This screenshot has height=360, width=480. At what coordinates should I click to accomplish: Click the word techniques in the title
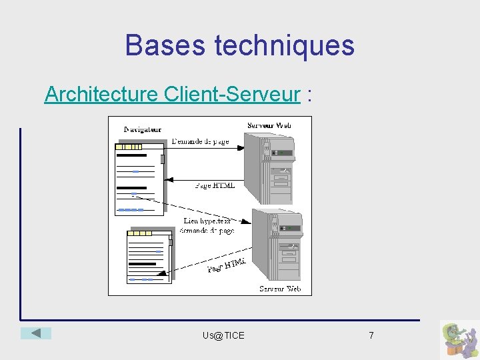[285, 45]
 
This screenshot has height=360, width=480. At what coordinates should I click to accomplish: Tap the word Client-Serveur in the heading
[231, 94]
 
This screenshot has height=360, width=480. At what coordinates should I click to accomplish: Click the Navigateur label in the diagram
[143, 129]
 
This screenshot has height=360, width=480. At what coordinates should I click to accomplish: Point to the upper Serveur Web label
[269, 125]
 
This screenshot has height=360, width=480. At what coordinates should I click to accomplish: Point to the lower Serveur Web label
[280, 289]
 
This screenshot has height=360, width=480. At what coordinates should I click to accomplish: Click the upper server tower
[268, 167]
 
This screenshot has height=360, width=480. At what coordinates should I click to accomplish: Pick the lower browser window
[150, 257]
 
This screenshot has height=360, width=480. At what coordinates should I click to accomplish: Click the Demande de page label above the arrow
[200, 141]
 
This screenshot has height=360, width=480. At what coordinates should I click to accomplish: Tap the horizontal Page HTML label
[215, 185]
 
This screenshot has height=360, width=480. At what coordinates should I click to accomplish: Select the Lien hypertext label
[207, 221]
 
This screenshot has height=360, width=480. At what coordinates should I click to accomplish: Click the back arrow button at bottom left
[35, 333]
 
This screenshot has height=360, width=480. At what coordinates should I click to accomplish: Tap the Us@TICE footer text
[223, 335]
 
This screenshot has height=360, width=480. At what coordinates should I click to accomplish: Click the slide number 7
[371, 335]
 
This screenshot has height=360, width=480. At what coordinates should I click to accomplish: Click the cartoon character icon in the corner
[459, 340]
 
